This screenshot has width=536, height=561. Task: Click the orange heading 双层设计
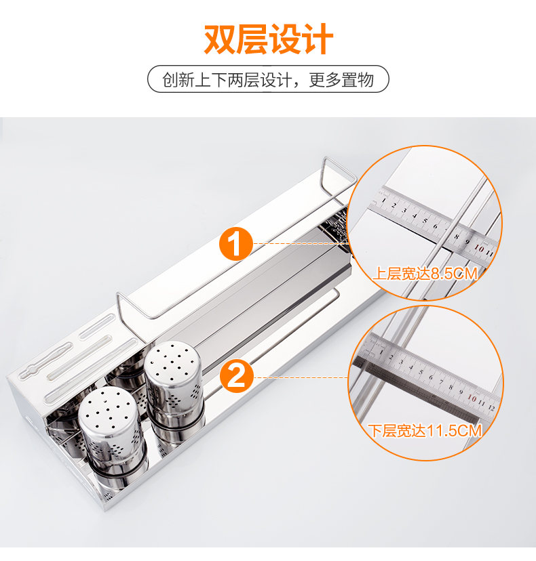click(269, 39)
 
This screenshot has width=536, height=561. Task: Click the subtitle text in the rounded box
click(268, 79)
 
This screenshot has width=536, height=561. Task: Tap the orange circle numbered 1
click(235, 245)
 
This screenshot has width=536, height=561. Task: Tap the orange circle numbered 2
click(237, 377)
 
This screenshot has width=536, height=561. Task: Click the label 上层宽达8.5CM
click(425, 274)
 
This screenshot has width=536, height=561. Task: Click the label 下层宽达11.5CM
click(425, 430)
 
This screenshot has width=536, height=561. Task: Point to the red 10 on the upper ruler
click(479, 248)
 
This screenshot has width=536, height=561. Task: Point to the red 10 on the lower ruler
click(472, 398)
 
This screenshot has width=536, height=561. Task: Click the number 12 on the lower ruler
click(491, 407)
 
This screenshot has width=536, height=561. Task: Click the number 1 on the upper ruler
click(383, 200)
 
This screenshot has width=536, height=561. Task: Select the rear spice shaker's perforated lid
click(173, 362)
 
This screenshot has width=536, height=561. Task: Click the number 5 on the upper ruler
click(425, 220)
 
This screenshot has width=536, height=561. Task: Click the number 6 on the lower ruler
click(430, 377)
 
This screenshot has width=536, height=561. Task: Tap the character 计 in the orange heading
click(318, 39)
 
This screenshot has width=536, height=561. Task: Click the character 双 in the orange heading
click(219, 39)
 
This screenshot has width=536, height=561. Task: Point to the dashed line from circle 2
click(301, 377)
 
